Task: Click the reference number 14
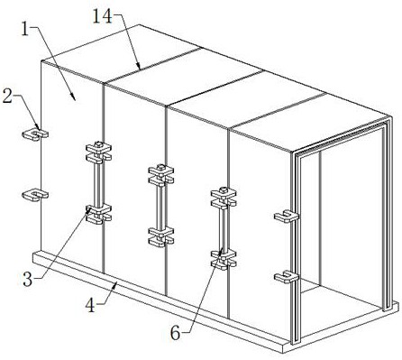[103, 16]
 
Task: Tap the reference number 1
[25, 30]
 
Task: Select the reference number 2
[7, 97]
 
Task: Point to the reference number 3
[28, 280]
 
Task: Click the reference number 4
[90, 306]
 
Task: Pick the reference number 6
[176, 333]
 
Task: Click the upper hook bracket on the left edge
[35, 134]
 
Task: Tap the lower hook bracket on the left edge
[35, 195]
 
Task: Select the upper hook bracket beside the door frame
[287, 217]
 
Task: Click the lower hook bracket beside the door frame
[287, 277]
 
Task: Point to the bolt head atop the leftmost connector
[97, 144]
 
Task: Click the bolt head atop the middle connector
[160, 167]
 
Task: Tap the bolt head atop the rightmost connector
[223, 189]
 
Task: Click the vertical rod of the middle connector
[160, 207]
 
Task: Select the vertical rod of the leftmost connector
[98, 184]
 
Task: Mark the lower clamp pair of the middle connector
[161, 237]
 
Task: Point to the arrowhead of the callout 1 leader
[74, 97]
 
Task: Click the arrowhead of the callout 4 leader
[115, 285]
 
